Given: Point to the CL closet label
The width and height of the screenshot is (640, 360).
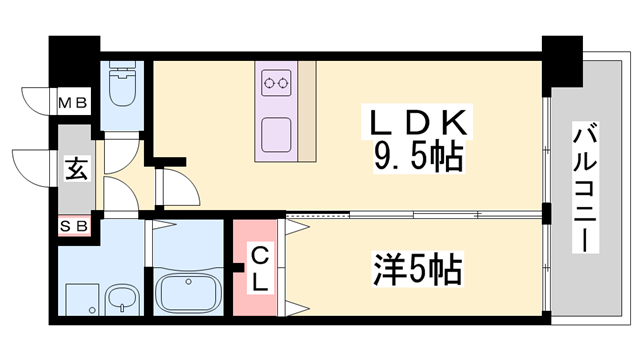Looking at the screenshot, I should pyautogui.click(x=258, y=268).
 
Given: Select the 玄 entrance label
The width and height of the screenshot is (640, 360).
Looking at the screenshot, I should pyautogui.click(x=75, y=167).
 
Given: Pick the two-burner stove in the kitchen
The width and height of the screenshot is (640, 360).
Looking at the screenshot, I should pyautogui.click(x=276, y=83).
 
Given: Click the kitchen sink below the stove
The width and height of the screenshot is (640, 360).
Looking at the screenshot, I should pyautogui.click(x=276, y=133).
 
